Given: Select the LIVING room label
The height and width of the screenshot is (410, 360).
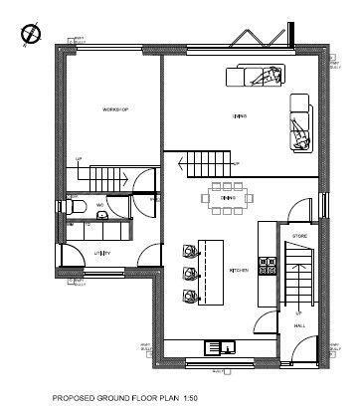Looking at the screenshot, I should (x=240, y=116).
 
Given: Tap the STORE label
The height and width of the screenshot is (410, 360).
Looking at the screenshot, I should (x=299, y=236).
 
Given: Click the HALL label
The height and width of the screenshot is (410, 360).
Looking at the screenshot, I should (x=299, y=325).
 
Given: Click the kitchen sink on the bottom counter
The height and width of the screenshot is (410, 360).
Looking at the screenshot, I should (x=219, y=347).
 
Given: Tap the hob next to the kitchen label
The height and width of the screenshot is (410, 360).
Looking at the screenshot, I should (x=267, y=265).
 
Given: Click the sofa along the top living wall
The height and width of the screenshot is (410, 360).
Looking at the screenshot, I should (x=257, y=75).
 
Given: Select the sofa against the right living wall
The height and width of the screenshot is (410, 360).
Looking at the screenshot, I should (x=300, y=123).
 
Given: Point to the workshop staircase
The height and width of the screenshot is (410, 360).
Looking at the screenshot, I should (x=109, y=179).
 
